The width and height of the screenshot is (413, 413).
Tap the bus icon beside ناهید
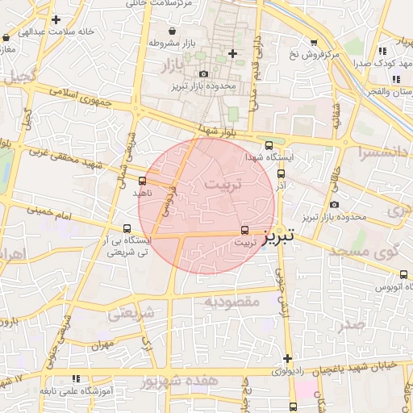(143, 181)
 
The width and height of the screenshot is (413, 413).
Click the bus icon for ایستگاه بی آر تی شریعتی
(126, 228)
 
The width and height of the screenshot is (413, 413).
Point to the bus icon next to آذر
(281, 173)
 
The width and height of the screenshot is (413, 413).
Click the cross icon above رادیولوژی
(287, 358)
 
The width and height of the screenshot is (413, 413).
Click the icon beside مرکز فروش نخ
(314, 42)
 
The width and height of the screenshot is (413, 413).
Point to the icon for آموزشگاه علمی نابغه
(76, 378)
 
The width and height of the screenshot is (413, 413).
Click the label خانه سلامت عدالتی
(56, 31)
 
